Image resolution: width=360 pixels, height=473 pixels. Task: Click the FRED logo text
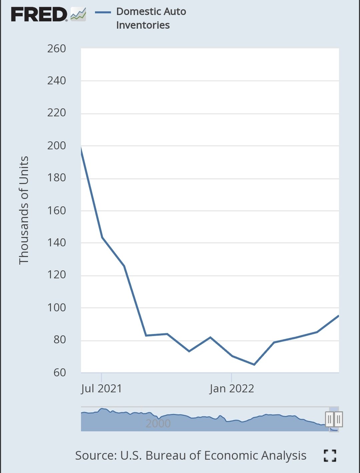click(39, 15)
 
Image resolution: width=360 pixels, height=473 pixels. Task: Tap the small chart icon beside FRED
click(78, 14)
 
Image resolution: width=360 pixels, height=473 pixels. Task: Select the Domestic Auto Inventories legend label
click(151, 18)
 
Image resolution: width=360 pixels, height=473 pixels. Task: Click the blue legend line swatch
click(103, 12)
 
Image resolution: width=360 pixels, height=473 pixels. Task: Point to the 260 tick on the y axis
click(57, 49)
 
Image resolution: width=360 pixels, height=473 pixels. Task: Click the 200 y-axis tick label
click(57, 146)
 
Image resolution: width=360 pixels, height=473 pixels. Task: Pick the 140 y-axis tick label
click(57, 243)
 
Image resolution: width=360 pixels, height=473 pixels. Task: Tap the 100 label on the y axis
click(57, 307)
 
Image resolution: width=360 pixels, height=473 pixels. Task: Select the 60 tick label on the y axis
click(60, 372)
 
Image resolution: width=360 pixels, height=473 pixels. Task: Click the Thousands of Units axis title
click(24, 210)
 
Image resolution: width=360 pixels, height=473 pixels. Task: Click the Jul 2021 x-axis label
click(101, 389)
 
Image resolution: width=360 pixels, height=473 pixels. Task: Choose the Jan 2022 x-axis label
click(232, 389)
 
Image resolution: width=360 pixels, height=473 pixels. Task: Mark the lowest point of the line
click(254, 364)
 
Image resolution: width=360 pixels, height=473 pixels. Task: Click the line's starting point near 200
click(81, 148)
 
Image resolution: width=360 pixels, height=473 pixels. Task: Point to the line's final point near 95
click(338, 316)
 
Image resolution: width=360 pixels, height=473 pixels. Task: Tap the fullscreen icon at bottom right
click(330, 456)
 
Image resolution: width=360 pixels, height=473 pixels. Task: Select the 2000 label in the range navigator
click(158, 423)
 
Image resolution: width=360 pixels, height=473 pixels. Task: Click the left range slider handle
click(329, 419)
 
